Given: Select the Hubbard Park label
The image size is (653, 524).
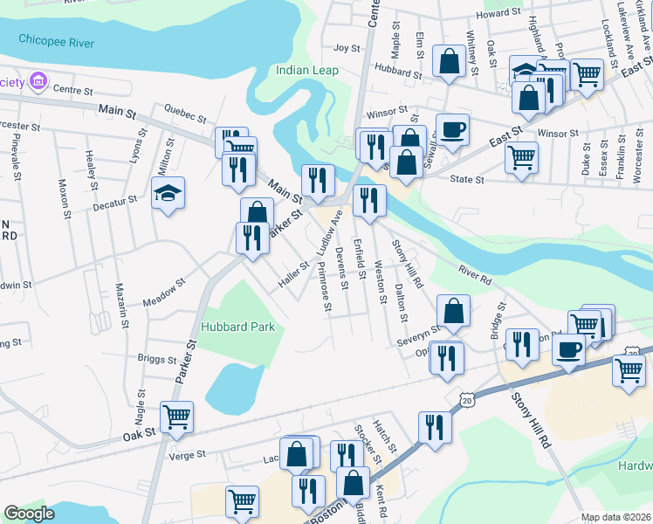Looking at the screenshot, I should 238,327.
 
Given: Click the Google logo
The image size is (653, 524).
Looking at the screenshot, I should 30,514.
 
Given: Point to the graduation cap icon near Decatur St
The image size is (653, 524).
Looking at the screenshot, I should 168,192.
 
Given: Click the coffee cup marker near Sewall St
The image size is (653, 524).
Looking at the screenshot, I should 452,129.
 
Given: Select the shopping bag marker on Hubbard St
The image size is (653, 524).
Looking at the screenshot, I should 450,61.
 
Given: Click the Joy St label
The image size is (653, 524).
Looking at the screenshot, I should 347,49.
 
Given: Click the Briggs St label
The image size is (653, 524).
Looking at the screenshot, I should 157,358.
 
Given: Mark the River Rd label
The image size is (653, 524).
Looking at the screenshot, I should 475,277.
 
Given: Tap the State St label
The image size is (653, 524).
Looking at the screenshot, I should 466,180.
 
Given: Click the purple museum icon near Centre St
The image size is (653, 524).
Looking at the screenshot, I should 37,83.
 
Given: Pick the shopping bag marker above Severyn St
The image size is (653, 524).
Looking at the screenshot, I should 454,309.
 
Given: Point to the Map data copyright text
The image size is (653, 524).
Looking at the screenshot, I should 615,517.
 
